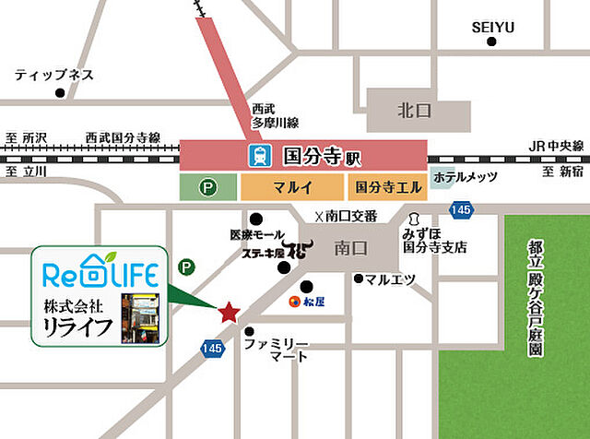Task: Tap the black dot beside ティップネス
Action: [60, 92]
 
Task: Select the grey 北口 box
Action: [407, 111]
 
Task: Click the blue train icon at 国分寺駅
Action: [258, 156]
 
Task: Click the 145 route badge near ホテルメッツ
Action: [462, 210]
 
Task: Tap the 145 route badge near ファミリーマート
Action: [211, 347]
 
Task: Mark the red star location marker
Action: [228, 312]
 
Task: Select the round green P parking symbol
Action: [187, 267]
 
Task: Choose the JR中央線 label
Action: [557, 146]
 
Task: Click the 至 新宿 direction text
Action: [562, 172]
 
